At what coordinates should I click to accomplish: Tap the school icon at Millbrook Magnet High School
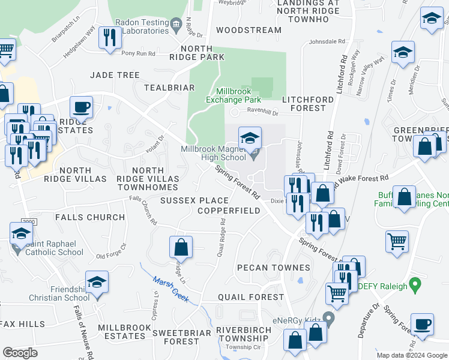tap(250, 139)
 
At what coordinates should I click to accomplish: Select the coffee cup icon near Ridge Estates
tap(81, 108)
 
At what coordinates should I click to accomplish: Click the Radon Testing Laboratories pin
tap(175, 25)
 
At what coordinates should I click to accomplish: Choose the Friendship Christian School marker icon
tap(97, 283)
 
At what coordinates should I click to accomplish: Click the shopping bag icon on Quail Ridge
tap(181, 247)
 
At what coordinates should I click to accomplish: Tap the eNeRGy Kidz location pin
tap(328, 316)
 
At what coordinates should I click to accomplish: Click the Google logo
tap(20, 353)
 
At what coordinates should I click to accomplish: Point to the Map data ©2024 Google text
tap(411, 355)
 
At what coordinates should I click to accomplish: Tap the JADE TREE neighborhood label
tap(115, 75)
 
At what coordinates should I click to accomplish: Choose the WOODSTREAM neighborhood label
tap(249, 29)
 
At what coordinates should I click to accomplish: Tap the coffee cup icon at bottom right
tap(422, 325)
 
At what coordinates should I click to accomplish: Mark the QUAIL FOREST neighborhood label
tap(250, 297)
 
